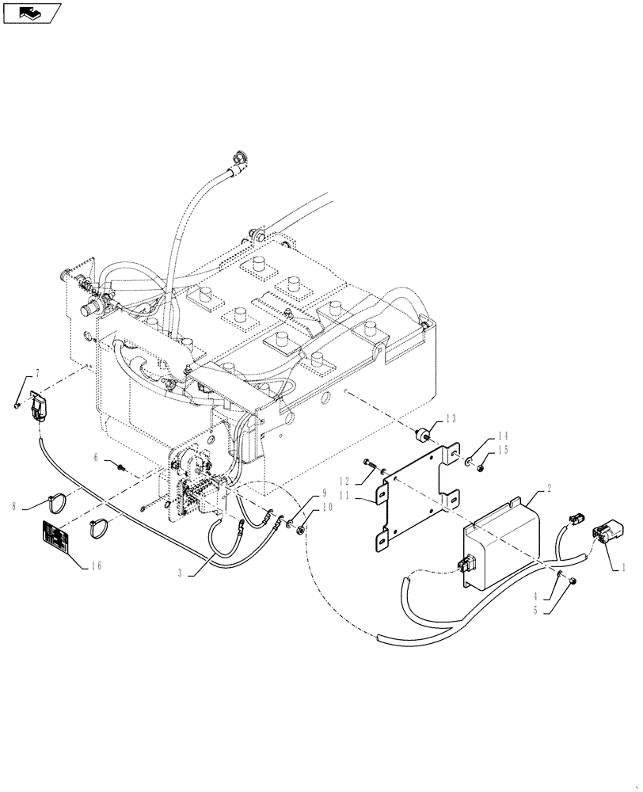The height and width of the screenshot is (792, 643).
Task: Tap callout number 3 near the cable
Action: coord(181,573)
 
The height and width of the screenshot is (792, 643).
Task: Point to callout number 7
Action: coord(36,373)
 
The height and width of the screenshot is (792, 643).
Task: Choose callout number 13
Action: coord(451,418)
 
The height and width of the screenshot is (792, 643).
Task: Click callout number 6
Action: coord(97,457)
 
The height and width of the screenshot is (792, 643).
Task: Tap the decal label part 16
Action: coord(55,536)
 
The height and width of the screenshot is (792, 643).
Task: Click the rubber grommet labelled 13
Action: coord(424,434)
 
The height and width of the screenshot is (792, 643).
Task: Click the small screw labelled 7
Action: coord(17,406)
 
